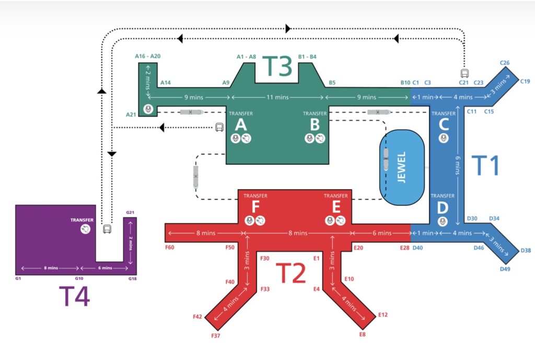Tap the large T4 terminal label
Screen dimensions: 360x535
tap(74, 296)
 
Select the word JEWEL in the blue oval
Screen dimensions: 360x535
tap(402, 167)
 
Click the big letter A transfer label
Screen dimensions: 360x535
tap(241, 124)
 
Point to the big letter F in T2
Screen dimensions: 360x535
tap(255, 207)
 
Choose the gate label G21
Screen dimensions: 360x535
tap(131, 212)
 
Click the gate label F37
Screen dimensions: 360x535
tap(216, 335)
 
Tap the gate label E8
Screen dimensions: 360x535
tap(362, 334)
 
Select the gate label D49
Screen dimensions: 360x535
tap(505, 269)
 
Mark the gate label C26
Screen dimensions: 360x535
tap(505, 63)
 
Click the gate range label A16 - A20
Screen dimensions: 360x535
tap(148, 56)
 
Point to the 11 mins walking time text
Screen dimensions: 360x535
tap(278, 97)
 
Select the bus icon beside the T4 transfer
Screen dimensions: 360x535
tap(107, 229)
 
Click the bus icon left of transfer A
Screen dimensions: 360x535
tap(220, 127)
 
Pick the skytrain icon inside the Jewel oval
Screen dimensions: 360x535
tap(386, 159)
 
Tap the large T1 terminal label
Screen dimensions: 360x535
tap(486, 166)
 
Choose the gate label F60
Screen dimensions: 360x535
tap(169, 247)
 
